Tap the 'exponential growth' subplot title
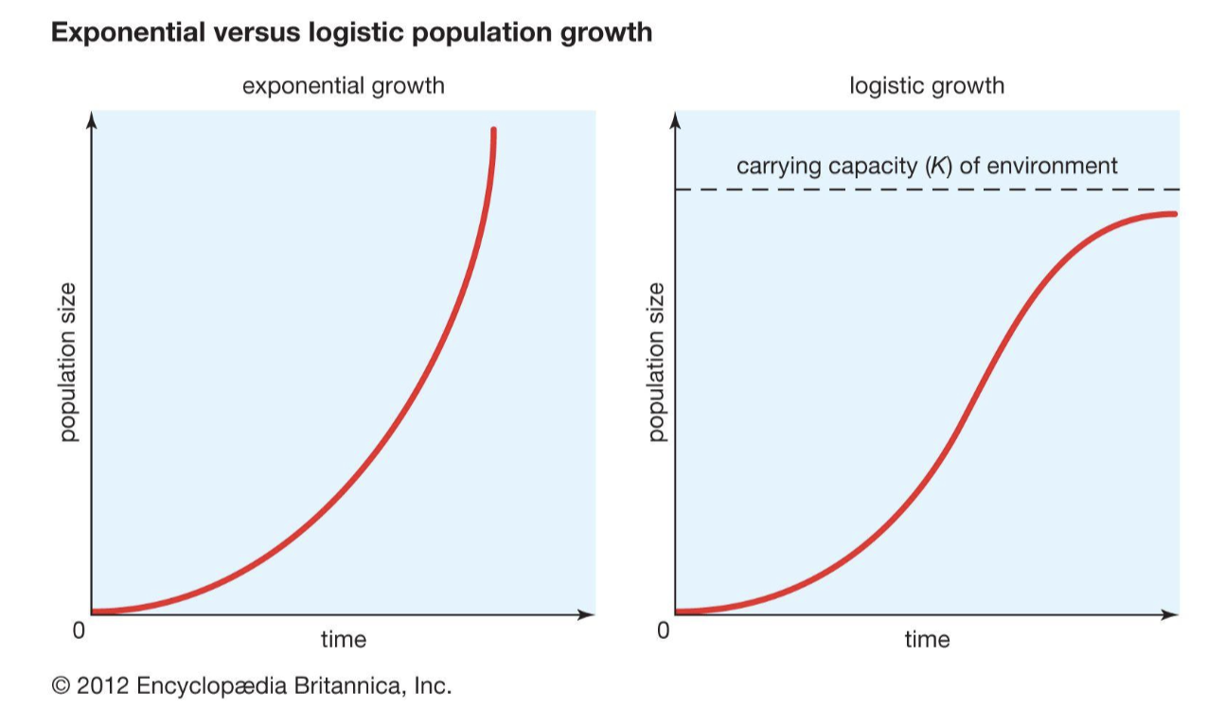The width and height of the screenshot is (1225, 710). [x=343, y=86]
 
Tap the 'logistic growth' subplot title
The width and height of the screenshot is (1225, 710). [x=927, y=86]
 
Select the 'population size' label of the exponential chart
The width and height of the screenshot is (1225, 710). [x=67, y=363]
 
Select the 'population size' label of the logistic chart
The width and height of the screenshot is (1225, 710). [x=657, y=363]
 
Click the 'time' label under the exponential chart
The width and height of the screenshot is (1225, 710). [x=343, y=640]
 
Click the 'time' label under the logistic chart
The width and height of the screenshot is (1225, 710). [x=927, y=640]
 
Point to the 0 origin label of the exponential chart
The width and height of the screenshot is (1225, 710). [x=80, y=630]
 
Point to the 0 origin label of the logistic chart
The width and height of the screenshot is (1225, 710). [x=664, y=630]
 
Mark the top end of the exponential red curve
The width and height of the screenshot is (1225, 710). [x=493, y=131]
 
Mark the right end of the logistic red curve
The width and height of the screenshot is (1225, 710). [x=1174, y=214]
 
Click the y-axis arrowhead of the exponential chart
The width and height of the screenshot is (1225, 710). [x=91, y=119]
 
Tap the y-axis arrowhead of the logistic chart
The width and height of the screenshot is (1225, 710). [x=675, y=119]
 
